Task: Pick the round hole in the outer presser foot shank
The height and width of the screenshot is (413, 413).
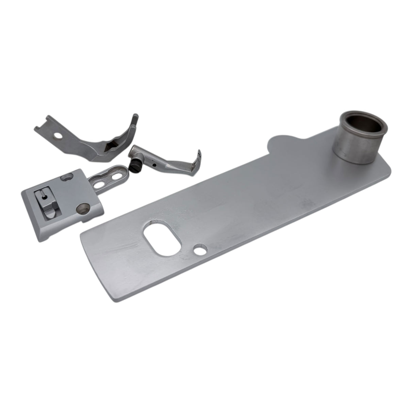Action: (60, 135)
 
